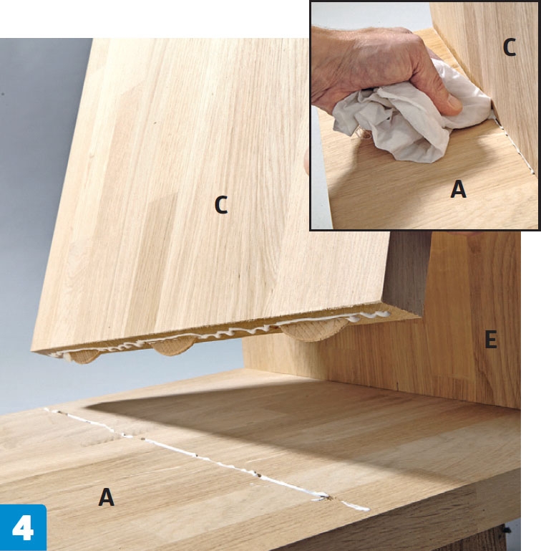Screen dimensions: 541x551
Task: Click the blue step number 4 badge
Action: [23, 527]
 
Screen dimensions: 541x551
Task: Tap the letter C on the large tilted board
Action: [221, 205]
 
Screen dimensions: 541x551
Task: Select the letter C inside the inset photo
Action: [509, 47]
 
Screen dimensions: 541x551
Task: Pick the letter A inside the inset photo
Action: [458, 189]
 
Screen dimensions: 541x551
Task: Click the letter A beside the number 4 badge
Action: [106, 497]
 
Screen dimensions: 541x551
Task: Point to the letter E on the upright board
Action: [490, 340]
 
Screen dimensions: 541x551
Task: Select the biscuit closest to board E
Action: [313, 330]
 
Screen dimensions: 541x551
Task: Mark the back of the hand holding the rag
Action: [369, 59]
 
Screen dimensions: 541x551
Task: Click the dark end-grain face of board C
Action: [406, 271]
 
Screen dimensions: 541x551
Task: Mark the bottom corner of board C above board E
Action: [421, 316]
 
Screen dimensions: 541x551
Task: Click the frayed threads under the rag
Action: [361, 135]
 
